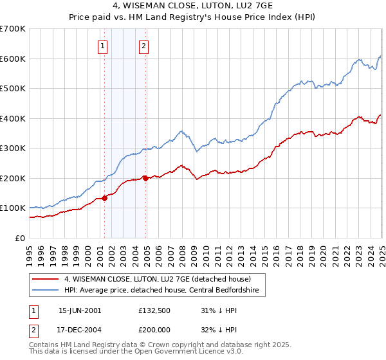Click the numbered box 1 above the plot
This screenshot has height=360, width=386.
103,46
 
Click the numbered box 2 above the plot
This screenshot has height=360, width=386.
143,46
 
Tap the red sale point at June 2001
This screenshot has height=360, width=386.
104,198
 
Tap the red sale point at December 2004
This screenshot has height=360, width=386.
145,178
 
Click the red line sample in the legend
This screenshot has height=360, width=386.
45,279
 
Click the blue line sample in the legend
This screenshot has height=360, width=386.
45,290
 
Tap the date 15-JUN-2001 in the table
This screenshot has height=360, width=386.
80,310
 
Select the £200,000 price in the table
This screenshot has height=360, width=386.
155,330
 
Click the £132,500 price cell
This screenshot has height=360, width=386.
155,310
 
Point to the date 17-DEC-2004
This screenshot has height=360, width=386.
80,330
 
